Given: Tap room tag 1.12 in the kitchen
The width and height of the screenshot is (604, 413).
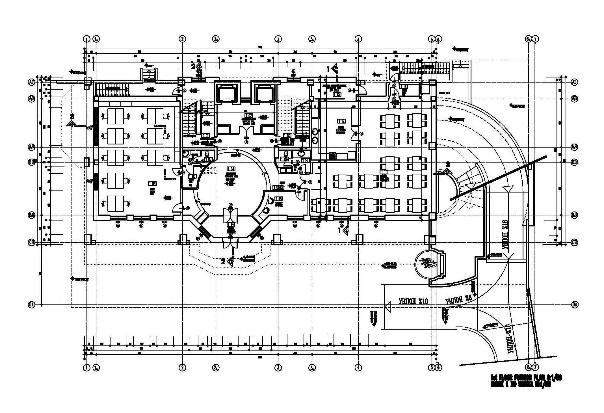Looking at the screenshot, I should pos(341,121).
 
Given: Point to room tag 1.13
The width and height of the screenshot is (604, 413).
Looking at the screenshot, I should pos(279,198).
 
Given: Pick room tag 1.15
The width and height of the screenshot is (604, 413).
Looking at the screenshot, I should pos(337,94).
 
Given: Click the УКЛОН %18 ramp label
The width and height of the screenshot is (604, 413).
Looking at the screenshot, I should pos(505,234).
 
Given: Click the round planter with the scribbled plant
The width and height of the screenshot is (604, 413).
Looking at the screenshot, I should pos(426,264).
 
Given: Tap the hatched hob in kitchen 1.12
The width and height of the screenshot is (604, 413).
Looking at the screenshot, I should pos(333,156).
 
